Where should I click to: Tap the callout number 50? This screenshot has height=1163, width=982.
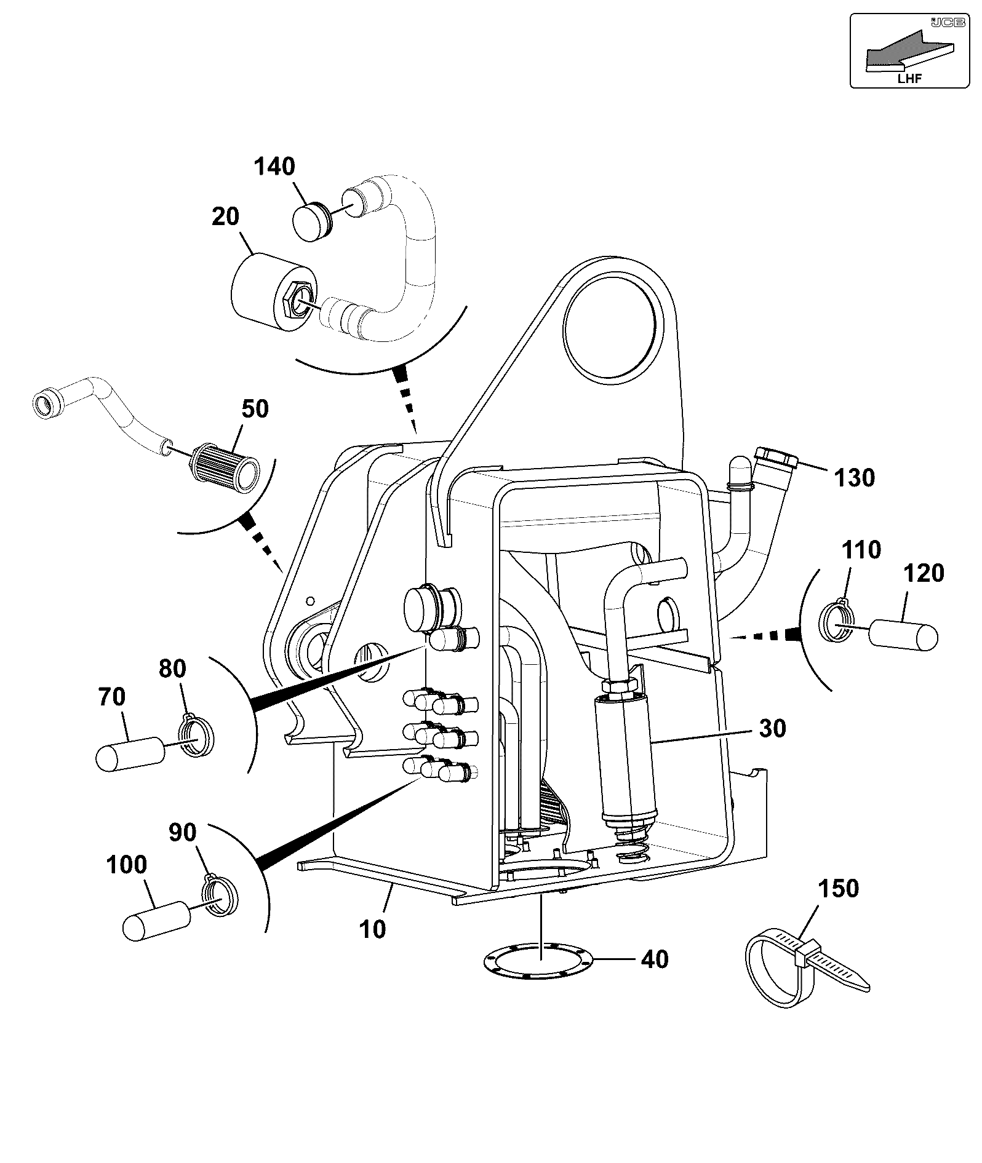click(255, 408)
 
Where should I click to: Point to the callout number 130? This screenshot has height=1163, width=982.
click(854, 478)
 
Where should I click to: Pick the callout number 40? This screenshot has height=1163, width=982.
click(654, 959)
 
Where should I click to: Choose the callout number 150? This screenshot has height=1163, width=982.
click(838, 888)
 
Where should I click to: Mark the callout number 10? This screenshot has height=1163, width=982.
click(373, 929)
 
